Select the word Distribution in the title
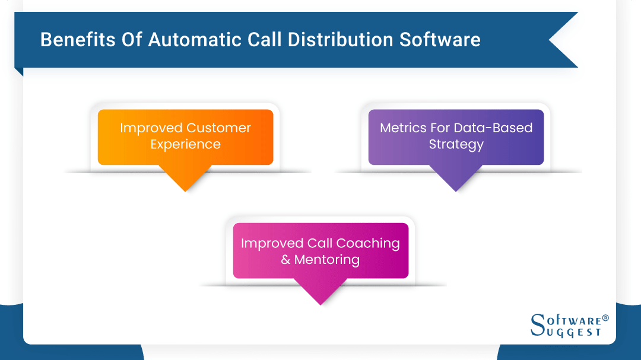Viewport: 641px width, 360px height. click(340, 40)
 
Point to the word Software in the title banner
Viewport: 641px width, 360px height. click(440, 40)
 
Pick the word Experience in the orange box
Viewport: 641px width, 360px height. click(185, 145)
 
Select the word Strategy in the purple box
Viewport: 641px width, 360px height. click(456, 145)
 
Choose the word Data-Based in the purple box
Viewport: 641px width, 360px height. click(493, 128)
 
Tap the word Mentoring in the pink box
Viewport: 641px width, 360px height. click(326, 260)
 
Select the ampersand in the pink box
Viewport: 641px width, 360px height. click(285, 260)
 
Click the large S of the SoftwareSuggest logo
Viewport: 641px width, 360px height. click(538, 325)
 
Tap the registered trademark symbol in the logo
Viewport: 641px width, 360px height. click(605, 318)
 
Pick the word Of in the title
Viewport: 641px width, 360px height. click(132, 40)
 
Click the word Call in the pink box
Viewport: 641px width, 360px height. click(320, 244)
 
